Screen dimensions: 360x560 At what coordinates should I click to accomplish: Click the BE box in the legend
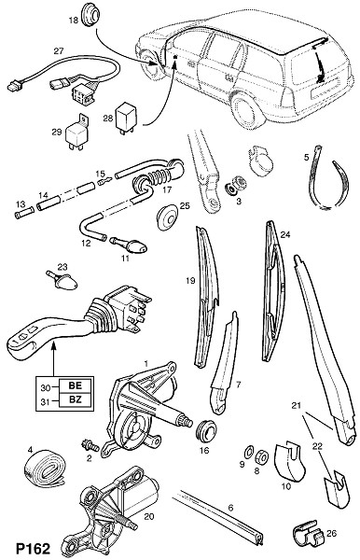75,385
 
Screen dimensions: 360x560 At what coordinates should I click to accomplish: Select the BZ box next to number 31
75,400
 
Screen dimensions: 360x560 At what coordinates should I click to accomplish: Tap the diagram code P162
34,549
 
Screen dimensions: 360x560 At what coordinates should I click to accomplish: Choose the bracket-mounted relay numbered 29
76,132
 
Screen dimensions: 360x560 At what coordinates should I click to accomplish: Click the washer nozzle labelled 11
128,245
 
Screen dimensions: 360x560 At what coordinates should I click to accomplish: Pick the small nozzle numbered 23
62,280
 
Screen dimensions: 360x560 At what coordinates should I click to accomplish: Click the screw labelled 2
90,444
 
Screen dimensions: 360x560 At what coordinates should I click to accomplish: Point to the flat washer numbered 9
248,452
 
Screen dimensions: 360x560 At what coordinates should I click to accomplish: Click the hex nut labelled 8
262,455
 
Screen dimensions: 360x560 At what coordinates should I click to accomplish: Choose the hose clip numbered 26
308,534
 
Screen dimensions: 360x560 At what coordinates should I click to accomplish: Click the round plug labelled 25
167,217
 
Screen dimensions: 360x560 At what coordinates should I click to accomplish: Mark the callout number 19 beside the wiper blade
190,281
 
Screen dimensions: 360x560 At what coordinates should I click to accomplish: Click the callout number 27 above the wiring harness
59,51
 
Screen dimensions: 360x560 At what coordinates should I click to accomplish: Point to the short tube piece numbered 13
24,216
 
